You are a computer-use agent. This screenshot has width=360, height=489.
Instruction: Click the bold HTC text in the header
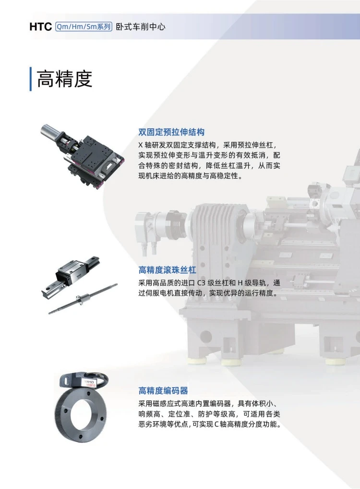[40, 27]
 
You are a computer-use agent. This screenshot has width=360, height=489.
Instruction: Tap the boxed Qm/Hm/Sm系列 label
[84, 27]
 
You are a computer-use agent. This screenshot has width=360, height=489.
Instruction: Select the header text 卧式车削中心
[141, 27]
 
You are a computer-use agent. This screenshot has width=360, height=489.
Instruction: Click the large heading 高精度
[64, 79]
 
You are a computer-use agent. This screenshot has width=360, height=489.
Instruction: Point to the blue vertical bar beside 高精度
[31, 79]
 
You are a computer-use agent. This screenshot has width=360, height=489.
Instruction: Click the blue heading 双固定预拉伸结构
[171, 132]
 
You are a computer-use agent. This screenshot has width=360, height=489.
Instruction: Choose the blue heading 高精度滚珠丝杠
[168, 270]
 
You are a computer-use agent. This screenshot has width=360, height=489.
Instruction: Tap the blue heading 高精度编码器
[163, 391]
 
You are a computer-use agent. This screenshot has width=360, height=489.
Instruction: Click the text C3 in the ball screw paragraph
[202, 283]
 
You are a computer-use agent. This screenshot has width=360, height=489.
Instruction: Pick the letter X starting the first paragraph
[141, 145]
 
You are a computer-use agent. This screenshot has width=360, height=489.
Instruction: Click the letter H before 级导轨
[240, 283]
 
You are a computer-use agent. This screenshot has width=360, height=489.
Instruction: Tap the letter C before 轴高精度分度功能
[217, 425]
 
